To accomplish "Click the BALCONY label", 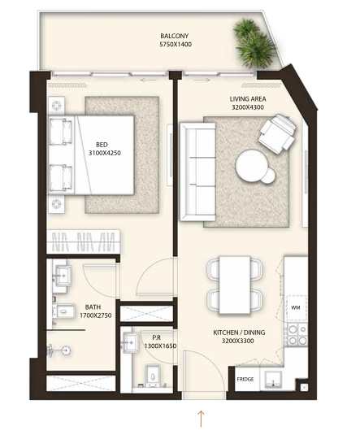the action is (x=174, y=36).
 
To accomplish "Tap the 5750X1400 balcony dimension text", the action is (x=176, y=45).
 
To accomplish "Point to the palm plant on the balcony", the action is (x=254, y=43).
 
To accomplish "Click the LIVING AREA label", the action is (x=248, y=98).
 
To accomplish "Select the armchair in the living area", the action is (x=277, y=132).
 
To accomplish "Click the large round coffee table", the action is (x=251, y=163).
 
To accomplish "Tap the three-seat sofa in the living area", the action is (x=197, y=172).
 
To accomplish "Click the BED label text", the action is (x=102, y=145).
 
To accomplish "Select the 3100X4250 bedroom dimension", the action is (x=105, y=153).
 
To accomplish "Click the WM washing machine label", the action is (x=296, y=307).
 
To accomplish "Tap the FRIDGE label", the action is (x=245, y=379).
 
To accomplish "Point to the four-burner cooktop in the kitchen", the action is (x=297, y=334).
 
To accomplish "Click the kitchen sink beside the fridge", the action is (x=273, y=379).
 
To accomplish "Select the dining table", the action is (x=235, y=285).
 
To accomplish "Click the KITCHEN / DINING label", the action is (x=239, y=333).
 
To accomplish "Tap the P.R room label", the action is (x=156, y=337).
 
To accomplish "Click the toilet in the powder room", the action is (x=153, y=375).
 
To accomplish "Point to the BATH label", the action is (x=93, y=307).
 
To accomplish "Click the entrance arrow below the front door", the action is (x=201, y=419).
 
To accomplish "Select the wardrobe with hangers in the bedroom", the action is (x=83, y=241).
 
